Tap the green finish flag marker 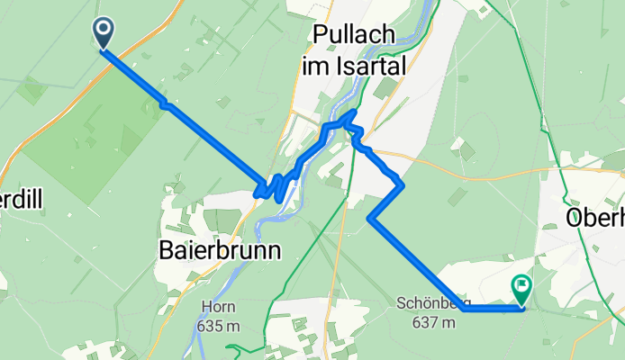tap(521, 289)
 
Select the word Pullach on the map tap(355, 35)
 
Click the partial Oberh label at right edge tap(594, 218)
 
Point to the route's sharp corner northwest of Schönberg tap(370, 217)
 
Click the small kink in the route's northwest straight tap(164, 104)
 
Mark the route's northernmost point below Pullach tap(354, 112)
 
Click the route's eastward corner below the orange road tap(402, 184)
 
